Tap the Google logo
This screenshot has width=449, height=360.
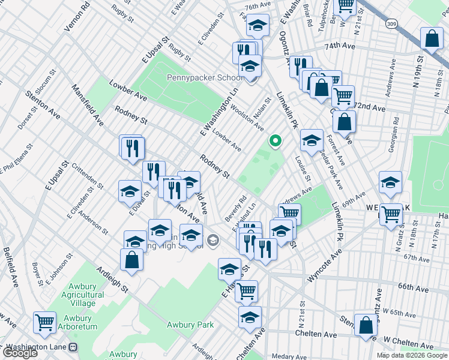tap(20, 353)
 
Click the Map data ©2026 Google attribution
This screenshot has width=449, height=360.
tap(411, 355)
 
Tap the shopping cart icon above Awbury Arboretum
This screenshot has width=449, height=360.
tap(44, 323)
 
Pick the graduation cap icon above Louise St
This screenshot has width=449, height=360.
tap(311, 140)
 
